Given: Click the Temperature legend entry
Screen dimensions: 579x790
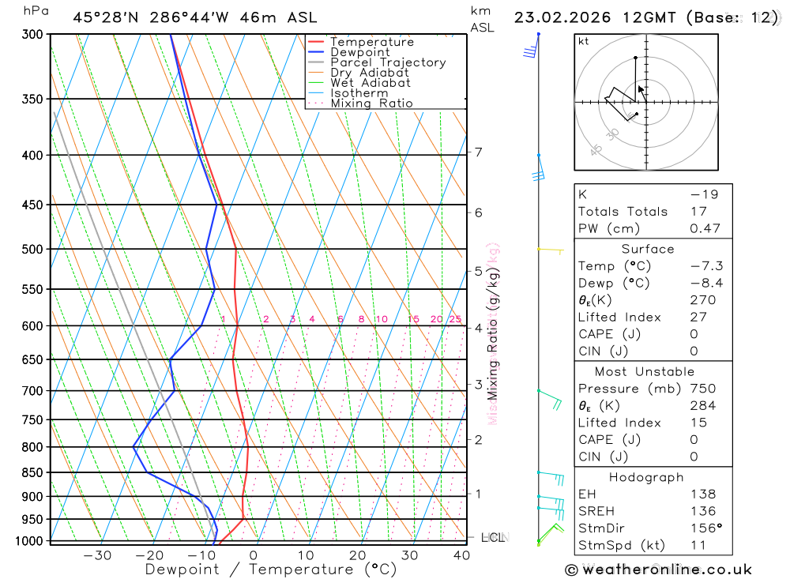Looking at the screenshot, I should [371, 42].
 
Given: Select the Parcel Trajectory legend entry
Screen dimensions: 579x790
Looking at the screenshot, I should [388, 62].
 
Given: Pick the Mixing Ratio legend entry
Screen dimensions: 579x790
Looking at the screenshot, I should [371, 103].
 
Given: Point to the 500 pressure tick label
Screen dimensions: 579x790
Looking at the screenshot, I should [32, 250].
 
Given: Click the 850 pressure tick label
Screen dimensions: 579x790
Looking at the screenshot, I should [32, 473].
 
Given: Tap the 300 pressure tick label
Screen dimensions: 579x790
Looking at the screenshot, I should [32, 35].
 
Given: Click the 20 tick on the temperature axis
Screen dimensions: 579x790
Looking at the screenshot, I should [357, 555].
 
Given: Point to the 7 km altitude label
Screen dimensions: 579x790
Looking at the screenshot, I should [479, 152].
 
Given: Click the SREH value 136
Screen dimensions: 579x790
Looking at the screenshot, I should [702, 511].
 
